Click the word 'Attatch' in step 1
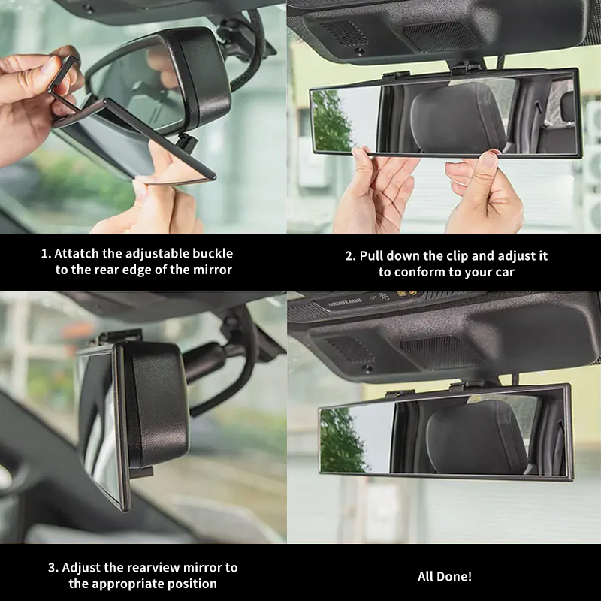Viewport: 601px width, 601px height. click(77, 254)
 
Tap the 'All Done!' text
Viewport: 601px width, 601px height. click(445, 576)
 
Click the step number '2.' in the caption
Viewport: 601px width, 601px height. click(350, 256)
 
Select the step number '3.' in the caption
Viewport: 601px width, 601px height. click(53, 568)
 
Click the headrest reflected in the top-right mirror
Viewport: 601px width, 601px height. click(458, 117)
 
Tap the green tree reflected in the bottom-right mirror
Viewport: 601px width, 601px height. click(341, 440)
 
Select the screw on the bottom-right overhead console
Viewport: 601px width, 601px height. click(367, 368)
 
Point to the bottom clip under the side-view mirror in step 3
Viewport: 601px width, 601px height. click(144, 472)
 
